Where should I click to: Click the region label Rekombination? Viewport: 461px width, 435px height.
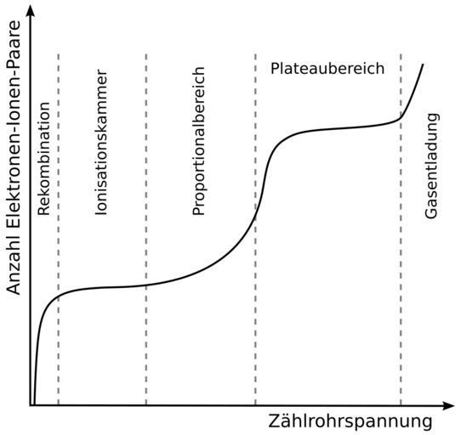tap(44, 159)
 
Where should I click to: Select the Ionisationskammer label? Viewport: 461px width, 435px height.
tap(101, 142)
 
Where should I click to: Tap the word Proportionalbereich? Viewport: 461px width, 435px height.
tap(198, 141)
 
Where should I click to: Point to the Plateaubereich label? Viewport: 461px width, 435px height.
tap(327, 69)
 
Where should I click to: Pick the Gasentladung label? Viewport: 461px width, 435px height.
tap(431, 166)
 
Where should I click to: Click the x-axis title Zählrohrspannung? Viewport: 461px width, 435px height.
tap(350, 421)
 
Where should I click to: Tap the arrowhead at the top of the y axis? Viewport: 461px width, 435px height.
tap(30, 11)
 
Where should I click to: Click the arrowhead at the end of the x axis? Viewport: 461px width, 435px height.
tap(448, 405)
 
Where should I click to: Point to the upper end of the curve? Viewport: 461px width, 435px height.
tap(423, 64)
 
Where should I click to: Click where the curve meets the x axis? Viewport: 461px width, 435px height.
tap(34, 404)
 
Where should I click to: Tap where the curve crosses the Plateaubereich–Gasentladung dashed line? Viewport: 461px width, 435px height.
tap(401, 118)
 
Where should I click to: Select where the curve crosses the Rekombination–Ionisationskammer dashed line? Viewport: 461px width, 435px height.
tap(58, 296)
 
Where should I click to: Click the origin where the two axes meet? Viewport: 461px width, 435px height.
tap(30, 405)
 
